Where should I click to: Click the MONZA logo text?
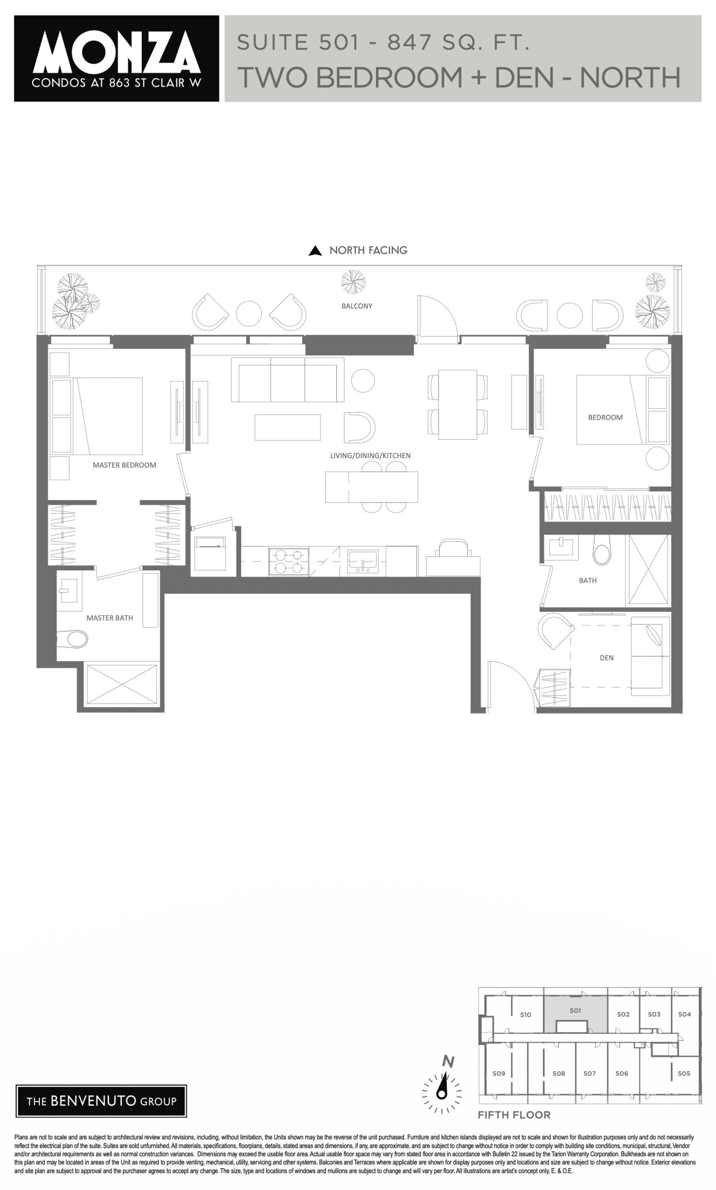(x=116, y=52)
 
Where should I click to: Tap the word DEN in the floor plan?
(x=606, y=657)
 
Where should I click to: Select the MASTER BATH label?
(x=110, y=618)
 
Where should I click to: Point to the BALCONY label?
(x=357, y=306)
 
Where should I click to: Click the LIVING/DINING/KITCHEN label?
(x=370, y=456)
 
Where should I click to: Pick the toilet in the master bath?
(x=73, y=640)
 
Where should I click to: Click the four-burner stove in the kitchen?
(x=289, y=561)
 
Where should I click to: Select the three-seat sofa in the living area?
(x=287, y=380)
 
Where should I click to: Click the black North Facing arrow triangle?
(x=315, y=251)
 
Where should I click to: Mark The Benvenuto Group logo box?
(x=101, y=1101)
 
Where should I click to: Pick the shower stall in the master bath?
(x=122, y=684)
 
